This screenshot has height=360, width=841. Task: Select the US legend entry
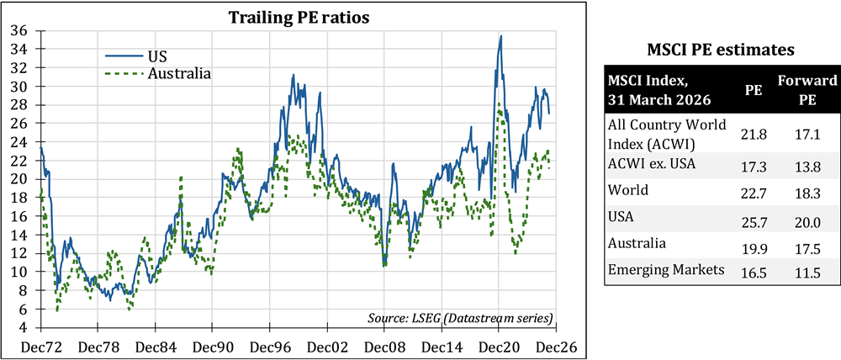157,56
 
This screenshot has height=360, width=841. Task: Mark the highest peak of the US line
501,36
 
